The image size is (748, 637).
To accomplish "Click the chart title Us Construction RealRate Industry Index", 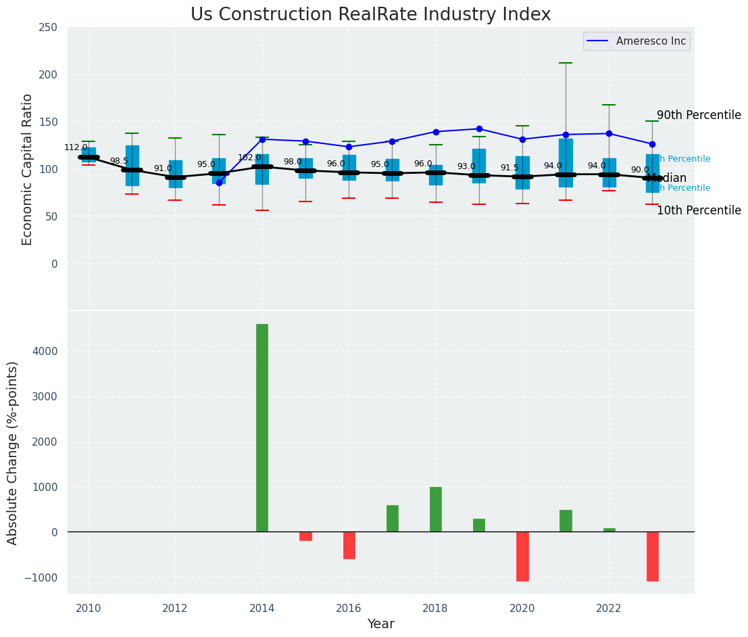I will (370, 15).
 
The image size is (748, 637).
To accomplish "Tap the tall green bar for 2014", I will (262, 427).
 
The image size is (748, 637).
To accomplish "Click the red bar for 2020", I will (522, 556).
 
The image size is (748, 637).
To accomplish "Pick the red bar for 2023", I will (652, 556).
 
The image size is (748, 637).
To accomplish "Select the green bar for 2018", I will (436, 509).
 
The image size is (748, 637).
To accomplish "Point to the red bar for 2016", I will (349, 545).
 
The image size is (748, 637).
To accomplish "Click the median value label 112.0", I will (76, 147).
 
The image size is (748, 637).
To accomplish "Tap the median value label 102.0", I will (249, 158).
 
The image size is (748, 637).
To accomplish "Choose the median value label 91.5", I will (509, 168).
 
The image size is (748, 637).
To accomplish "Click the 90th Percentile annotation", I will (699, 115).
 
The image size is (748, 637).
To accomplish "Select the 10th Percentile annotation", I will (699, 210).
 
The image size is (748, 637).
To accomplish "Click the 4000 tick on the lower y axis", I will (44, 351).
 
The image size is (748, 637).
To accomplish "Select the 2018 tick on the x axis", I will (436, 608).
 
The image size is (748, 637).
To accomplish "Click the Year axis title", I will (381, 624).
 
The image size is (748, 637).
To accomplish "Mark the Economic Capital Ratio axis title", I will (28, 169).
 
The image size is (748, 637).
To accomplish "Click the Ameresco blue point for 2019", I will (479, 128).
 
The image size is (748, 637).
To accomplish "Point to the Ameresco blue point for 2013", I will (219, 183).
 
